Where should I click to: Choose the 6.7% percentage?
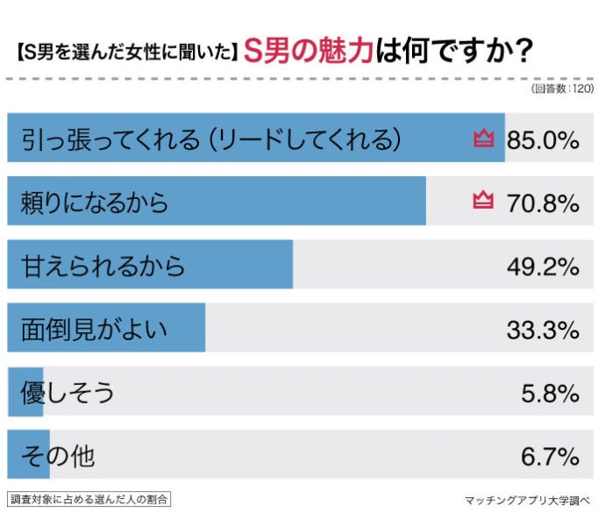(550, 456)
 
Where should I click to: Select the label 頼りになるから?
(94, 203)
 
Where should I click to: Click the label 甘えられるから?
(103, 266)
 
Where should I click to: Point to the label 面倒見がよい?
(93, 330)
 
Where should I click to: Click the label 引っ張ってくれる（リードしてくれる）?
(210, 139)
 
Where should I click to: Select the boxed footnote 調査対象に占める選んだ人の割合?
(89, 499)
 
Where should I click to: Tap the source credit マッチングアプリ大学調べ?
(528, 501)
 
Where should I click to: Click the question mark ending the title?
(520, 53)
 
